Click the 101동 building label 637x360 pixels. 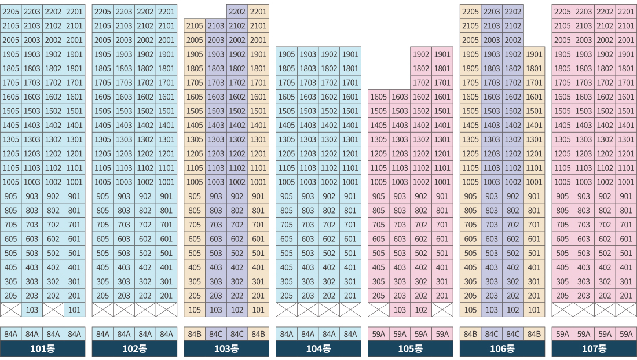click(x=42, y=348)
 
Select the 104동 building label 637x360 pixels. click(x=318, y=348)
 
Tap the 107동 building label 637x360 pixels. click(x=594, y=348)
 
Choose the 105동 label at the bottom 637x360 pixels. click(x=411, y=348)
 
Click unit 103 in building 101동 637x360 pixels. click(x=32, y=310)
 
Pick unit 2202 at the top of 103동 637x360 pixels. click(x=237, y=12)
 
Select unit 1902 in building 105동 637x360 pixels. click(x=421, y=54)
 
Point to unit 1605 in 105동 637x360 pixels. click(x=379, y=97)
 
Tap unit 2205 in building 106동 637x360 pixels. click(x=470, y=12)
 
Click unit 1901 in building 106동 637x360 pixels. click(x=534, y=54)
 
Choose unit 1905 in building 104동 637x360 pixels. click(x=287, y=54)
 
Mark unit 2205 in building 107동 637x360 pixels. click(x=562, y=12)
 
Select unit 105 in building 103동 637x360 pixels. click(x=195, y=310)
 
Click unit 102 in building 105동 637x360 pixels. click(x=421, y=310)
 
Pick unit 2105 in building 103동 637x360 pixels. click(x=195, y=26)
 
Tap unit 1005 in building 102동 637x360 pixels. click(x=102, y=182)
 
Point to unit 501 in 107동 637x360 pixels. click(x=626, y=253)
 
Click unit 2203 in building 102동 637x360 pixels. click(x=124, y=12)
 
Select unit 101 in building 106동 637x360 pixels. click(x=534, y=310)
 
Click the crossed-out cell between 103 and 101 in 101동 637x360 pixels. click(x=53, y=310)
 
